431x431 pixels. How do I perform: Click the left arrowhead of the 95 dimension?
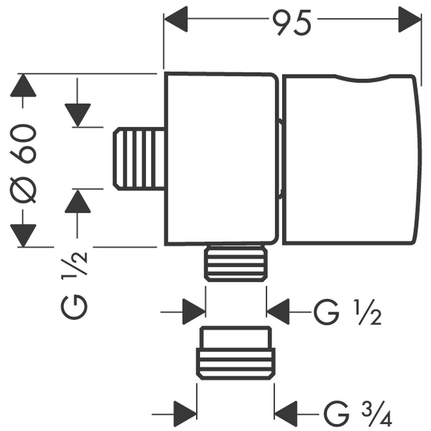click(176, 19)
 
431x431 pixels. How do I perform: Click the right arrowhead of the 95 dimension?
click(409, 19)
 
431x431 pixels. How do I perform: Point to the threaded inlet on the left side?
click(139, 159)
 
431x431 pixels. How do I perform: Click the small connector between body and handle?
click(281, 159)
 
